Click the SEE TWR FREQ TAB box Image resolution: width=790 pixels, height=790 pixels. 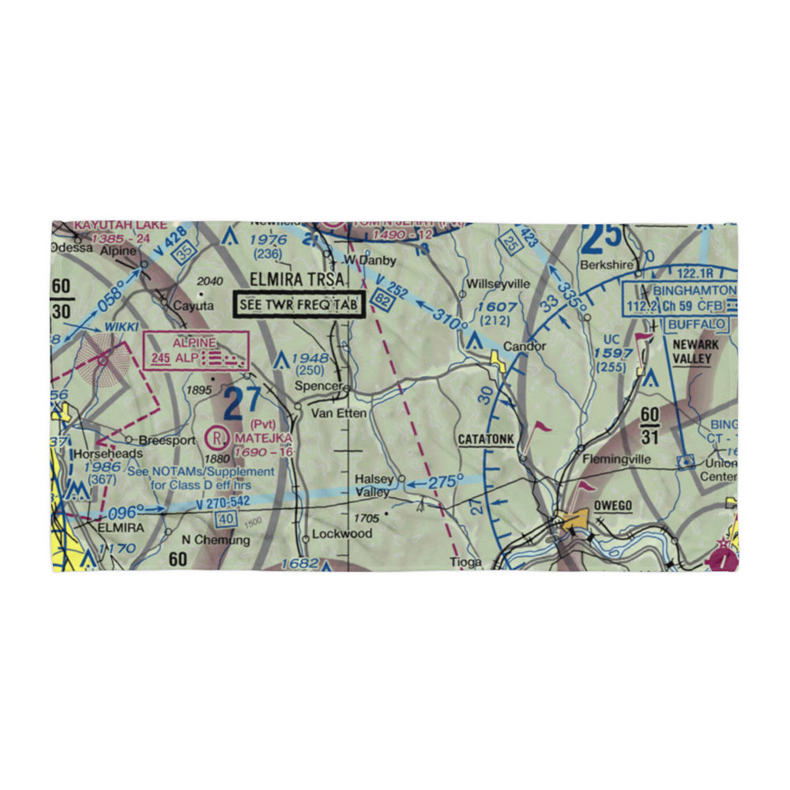299,304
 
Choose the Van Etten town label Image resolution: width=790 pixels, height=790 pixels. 334,412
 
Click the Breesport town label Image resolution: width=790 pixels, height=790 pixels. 166,440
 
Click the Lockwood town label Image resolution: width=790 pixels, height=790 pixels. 341,533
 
